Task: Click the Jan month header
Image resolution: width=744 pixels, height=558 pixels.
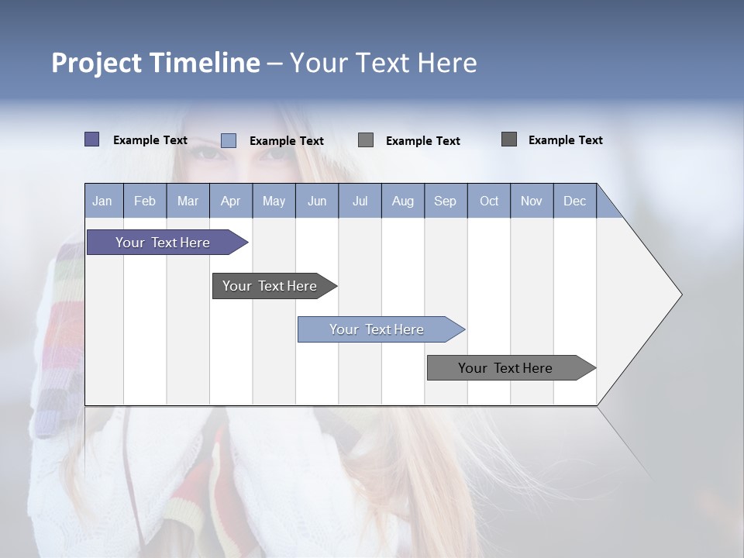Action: click(103, 201)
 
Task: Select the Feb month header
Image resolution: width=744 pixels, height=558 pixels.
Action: click(145, 201)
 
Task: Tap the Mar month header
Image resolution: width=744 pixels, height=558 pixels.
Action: click(188, 201)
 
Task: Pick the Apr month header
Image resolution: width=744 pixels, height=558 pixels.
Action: click(231, 201)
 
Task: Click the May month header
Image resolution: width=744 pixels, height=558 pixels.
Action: click(274, 201)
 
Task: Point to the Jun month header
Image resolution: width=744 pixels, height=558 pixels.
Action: click(317, 201)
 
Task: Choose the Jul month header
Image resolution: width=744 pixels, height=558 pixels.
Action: click(360, 201)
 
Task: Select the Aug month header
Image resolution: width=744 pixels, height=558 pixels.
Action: click(403, 201)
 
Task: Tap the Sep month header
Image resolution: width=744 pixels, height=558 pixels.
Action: click(446, 201)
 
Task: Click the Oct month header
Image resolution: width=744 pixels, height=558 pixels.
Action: click(489, 201)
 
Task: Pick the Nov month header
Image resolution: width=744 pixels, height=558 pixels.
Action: click(532, 201)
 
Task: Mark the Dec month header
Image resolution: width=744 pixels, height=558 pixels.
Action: click(575, 201)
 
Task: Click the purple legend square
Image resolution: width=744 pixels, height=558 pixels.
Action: click(91, 139)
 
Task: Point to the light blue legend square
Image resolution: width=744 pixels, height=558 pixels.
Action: click(229, 140)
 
